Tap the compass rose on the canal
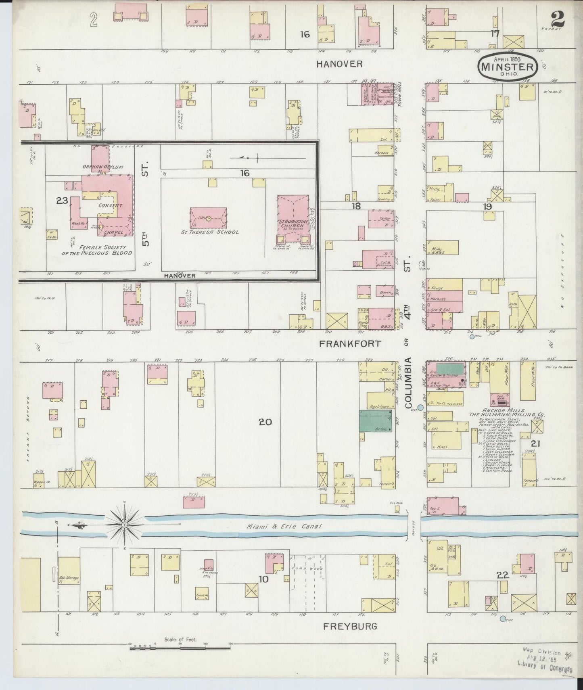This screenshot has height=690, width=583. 125,525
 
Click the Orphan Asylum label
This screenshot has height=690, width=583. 102,167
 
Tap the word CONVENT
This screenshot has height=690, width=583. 110,205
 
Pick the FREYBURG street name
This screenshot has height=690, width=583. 350,626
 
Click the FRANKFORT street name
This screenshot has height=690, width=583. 350,343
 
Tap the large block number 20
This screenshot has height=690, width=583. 265,422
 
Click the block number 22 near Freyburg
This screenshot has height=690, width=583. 503,576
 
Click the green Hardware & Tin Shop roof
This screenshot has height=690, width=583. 450,369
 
